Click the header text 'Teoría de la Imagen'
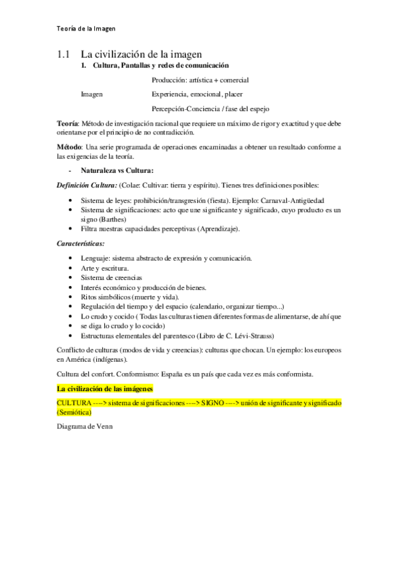coord(86,29)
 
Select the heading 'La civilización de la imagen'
coord(141,53)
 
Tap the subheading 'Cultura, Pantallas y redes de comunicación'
coord(159,66)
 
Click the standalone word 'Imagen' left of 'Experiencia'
coord(92,94)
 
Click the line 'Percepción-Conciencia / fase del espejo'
coord(211,108)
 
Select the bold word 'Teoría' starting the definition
coord(67,123)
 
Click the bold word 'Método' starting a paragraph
coord(68,146)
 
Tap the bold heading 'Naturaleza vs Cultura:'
coord(117,170)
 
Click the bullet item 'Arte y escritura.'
coord(105,267)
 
